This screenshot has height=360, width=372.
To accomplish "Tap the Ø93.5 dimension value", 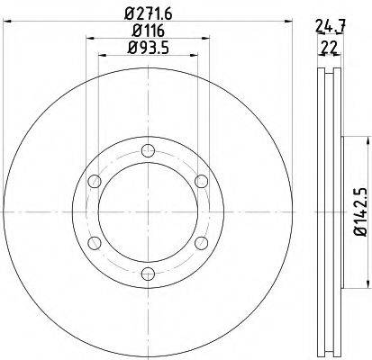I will tap(148, 47).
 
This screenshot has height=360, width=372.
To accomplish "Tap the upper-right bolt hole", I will tap(200, 183).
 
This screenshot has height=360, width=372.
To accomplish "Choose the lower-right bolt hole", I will tap(200, 245).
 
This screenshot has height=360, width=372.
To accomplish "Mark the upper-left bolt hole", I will tap(94, 183).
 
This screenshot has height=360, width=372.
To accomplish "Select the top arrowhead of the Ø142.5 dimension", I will tap(367, 142).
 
